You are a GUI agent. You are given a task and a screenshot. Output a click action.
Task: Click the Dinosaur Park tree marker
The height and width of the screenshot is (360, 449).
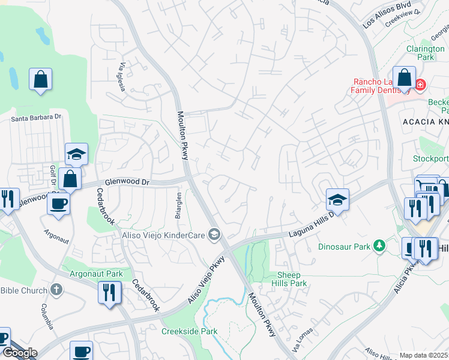coord(379,245)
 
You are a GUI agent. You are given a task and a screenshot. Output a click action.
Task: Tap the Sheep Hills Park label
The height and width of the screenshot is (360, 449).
coord(292,278)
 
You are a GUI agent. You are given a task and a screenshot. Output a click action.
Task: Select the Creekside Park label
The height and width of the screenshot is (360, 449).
coord(189,331)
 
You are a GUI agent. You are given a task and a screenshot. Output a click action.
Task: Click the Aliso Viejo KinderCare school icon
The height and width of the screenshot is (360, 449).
coord(214,233)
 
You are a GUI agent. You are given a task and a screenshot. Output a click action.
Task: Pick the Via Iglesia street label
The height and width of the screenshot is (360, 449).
coord(122,77)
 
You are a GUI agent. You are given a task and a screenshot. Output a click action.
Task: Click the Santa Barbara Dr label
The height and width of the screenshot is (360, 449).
coord(37,118)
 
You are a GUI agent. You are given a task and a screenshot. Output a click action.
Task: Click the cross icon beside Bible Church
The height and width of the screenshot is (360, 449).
coord(57,290)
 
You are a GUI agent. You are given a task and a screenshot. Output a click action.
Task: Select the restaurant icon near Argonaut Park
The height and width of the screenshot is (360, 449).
coord(109,292)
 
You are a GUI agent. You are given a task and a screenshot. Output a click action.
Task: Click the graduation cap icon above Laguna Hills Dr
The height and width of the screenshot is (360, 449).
coord(337,200)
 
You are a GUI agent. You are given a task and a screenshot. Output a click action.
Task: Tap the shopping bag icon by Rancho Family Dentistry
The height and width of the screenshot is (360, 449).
coord(405,78)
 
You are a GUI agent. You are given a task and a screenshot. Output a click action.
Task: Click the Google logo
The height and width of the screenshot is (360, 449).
coord(19,353)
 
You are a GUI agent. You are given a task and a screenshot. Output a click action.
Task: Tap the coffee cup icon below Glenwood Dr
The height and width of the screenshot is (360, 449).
coord(58,203)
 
